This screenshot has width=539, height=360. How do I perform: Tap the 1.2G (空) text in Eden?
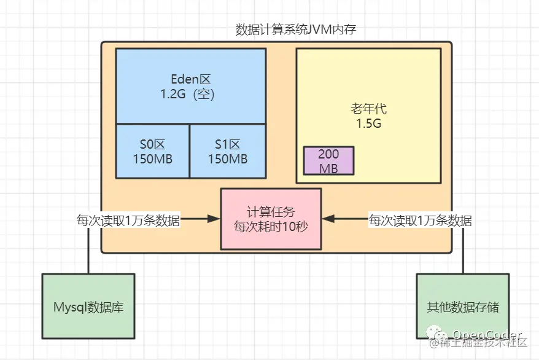pos(191,95)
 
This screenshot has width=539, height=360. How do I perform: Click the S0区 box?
pos(152,151)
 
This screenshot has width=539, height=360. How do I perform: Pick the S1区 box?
pos(227,151)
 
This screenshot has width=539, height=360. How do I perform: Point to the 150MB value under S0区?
pos(152,158)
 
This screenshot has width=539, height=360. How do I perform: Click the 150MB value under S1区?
pos(227,158)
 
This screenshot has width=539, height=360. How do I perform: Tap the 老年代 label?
pos(368,109)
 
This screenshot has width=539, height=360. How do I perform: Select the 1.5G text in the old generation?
pos(368,123)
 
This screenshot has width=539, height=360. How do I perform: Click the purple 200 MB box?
pos(328,161)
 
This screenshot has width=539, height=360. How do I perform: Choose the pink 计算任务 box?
pos(271,218)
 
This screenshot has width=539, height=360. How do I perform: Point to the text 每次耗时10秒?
pos(271,226)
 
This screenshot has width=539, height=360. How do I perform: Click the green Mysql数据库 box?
pos(88,306)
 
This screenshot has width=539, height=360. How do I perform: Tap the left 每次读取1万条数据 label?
pos(128,220)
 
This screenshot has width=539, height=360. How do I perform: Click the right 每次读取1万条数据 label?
pos(421,220)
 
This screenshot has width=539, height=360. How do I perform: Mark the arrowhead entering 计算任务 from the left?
pos(216,219)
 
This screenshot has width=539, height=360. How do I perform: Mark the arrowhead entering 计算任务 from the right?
pos(326,219)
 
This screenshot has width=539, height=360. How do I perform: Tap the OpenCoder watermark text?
pos(488,335)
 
